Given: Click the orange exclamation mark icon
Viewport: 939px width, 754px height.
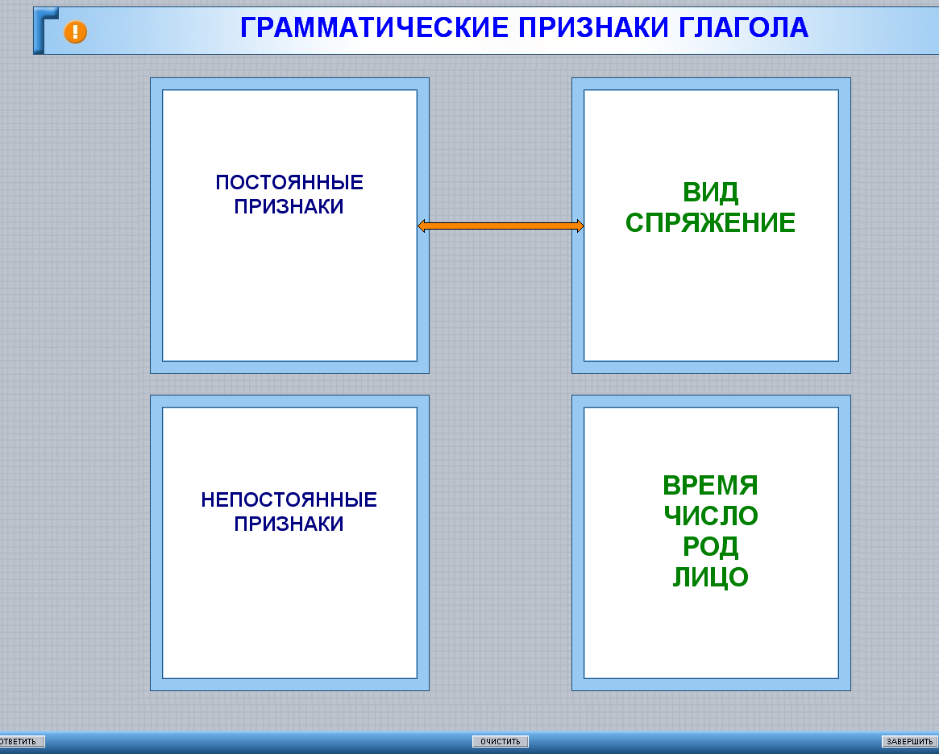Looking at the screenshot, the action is (x=76, y=31).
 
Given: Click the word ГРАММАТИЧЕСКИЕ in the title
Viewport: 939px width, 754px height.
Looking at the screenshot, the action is (x=374, y=27).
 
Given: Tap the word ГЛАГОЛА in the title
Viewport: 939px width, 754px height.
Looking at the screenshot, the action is (x=743, y=27).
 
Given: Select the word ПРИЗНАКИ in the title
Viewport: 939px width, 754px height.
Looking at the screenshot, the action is (x=593, y=27).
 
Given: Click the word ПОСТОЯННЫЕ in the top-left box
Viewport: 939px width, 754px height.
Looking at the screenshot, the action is (x=289, y=183).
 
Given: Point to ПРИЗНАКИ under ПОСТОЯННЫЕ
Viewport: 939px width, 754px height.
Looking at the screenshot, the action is (x=289, y=206).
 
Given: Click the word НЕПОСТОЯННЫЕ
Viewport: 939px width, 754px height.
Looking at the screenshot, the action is (x=289, y=499).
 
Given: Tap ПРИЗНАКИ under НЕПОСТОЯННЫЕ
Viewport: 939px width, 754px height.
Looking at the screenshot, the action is (x=289, y=524).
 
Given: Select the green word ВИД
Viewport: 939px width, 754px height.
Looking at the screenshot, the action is (x=710, y=192).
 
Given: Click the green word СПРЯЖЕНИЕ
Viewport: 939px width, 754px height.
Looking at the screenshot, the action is (x=710, y=222).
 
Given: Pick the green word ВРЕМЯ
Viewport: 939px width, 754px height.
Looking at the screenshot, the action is (x=710, y=485).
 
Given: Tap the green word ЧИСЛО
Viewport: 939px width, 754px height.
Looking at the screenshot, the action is (x=711, y=516).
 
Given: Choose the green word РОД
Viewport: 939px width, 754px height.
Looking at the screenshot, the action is (x=710, y=546).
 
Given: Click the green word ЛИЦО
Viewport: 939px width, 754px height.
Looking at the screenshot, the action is (x=710, y=577).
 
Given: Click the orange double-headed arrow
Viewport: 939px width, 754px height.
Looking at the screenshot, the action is (x=501, y=226).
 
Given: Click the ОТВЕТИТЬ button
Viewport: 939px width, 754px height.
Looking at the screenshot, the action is (x=22, y=741).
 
